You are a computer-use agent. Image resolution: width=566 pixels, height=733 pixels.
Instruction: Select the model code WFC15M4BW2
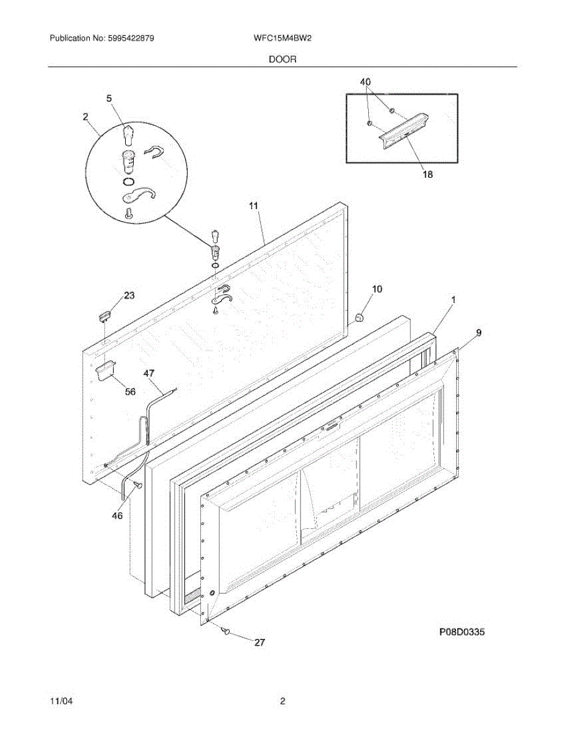(x=283, y=38)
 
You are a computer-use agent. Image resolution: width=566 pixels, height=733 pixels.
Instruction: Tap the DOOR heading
(x=282, y=59)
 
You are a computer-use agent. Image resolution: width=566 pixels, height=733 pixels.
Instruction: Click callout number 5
(x=109, y=98)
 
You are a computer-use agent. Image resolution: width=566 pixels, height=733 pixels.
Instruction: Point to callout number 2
(x=85, y=116)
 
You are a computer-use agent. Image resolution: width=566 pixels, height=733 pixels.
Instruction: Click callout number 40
(x=365, y=82)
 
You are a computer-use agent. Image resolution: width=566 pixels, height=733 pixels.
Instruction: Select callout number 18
(x=427, y=175)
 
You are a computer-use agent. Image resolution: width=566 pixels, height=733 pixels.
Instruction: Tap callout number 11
(x=254, y=206)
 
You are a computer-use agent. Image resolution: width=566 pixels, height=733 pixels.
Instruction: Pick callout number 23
(x=129, y=296)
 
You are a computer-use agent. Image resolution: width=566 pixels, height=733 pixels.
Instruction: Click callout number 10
(x=377, y=289)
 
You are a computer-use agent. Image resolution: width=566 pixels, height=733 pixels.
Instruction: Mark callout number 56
(x=130, y=392)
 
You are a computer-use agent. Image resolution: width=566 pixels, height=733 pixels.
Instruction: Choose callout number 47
(x=149, y=373)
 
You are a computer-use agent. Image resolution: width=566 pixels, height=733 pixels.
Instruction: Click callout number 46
(x=117, y=516)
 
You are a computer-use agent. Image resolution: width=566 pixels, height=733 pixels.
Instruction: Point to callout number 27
(x=260, y=642)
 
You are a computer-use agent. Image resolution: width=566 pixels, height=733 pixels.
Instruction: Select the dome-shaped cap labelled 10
(x=359, y=316)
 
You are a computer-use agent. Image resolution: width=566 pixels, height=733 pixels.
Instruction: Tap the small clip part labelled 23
(x=104, y=315)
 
